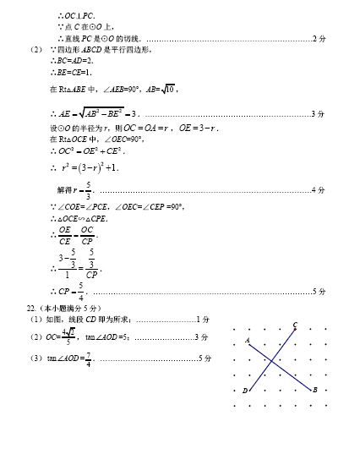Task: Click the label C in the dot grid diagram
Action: [x=295, y=325]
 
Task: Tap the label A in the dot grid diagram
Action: [x=248, y=339]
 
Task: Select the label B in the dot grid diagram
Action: [x=314, y=390]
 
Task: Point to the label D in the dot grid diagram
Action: [x=245, y=391]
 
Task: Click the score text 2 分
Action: [x=319, y=39]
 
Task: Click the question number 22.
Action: [x=32, y=308]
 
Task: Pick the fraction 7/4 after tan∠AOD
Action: [x=88, y=358]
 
